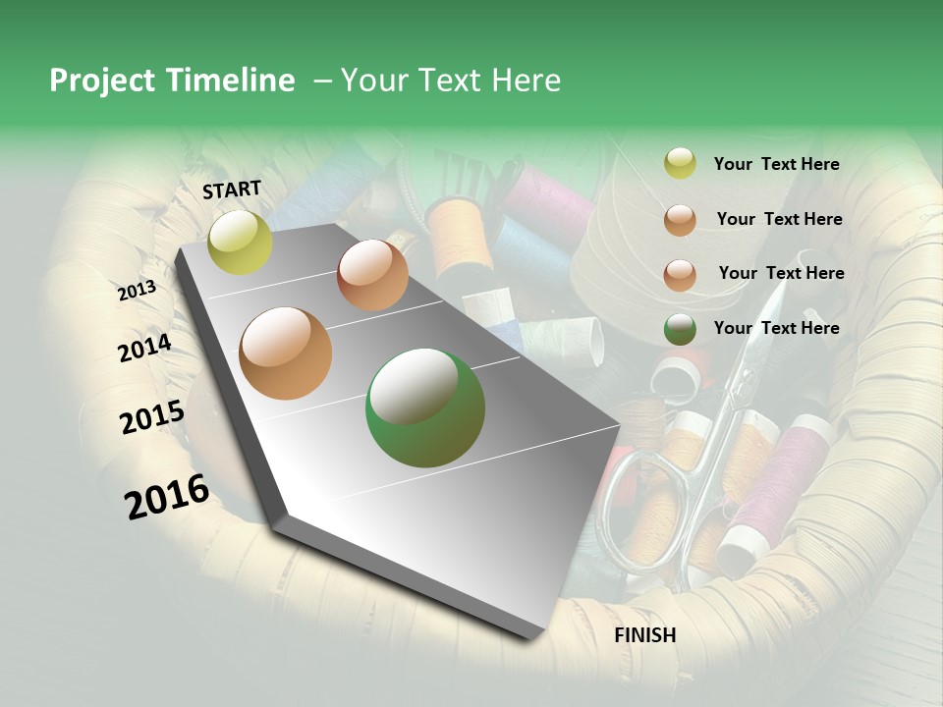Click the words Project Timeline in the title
[x=172, y=81]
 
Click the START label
[x=232, y=190]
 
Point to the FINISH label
[x=644, y=635]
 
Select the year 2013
[x=137, y=291]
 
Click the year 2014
[x=144, y=349]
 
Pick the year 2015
[x=152, y=417]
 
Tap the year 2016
[x=167, y=497]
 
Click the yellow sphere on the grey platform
[x=240, y=242]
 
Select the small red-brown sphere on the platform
[x=372, y=275]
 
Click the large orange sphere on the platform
[x=285, y=353]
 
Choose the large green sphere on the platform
[x=424, y=408]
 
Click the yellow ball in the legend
[x=680, y=164]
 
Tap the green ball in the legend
[x=680, y=328]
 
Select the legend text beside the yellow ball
[x=776, y=164]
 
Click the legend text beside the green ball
[x=776, y=328]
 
